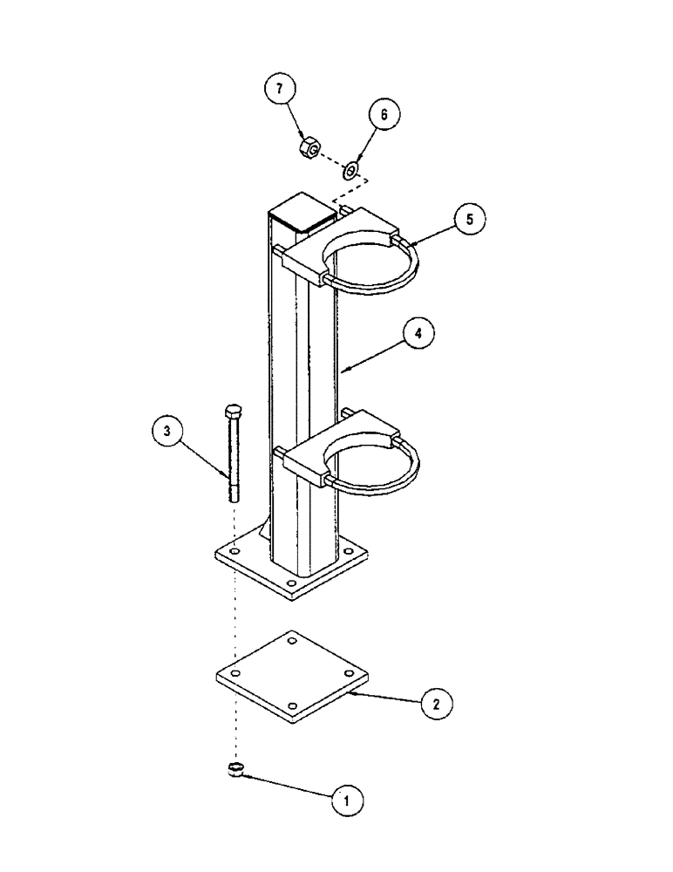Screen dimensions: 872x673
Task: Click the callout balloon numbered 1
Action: click(346, 798)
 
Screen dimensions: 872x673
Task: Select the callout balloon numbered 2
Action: click(436, 703)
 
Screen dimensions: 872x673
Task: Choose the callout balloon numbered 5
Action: click(470, 220)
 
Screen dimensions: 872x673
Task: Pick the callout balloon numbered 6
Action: click(384, 113)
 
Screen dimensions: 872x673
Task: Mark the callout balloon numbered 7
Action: click(281, 90)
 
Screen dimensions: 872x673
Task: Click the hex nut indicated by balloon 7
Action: click(307, 148)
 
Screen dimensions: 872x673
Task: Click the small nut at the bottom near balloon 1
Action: click(234, 768)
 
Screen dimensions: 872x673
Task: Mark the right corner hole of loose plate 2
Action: click(350, 673)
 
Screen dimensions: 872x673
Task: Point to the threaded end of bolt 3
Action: click(233, 492)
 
